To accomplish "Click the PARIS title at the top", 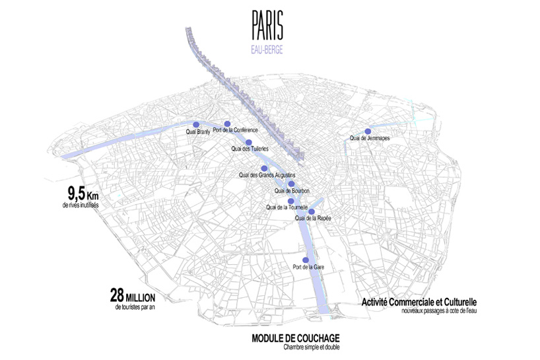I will [x=267, y=25].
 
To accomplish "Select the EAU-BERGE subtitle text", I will [x=267, y=49].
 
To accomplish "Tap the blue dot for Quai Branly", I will [x=195, y=124].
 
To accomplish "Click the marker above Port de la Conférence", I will [x=227, y=124].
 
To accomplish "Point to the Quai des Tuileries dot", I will [x=249, y=142].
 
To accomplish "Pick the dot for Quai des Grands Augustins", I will [x=264, y=168].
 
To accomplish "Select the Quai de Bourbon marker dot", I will [x=291, y=184].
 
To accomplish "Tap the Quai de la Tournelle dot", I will [x=290, y=201].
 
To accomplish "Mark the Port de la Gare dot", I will [x=305, y=260].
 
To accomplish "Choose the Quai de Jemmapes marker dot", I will [x=368, y=131].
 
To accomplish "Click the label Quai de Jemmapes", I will [x=370, y=138].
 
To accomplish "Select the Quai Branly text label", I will [x=199, y=131].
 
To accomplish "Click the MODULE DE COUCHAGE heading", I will [x=291, y=339].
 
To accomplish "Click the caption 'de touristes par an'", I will [x=137, y=306].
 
